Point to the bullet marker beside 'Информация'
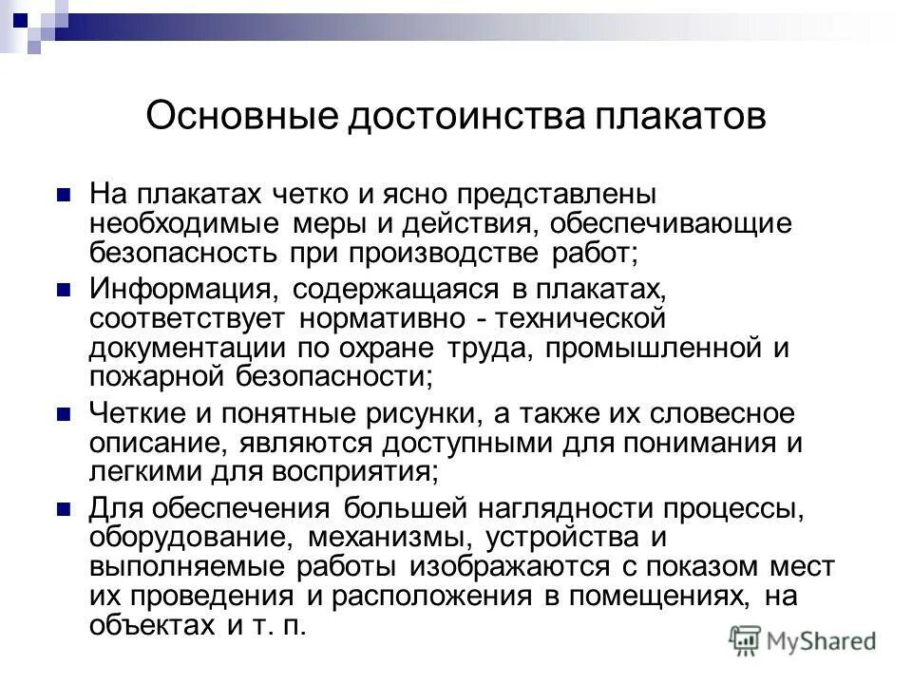(65, 288)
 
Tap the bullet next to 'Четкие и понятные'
(65, 414)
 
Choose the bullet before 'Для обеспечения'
(65, 509)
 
